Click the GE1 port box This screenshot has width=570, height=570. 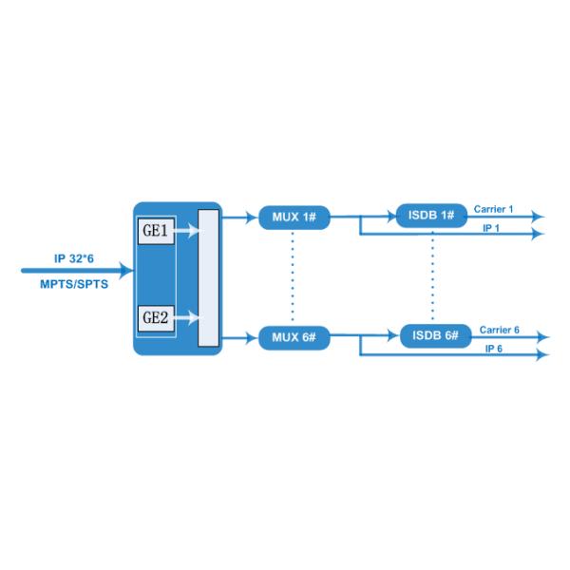point(157,230)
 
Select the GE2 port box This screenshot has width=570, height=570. point(157,317)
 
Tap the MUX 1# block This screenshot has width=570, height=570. point(294,218)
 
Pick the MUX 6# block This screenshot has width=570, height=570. point(294,337)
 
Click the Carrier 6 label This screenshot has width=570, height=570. point(499,329)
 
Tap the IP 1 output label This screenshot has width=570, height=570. point(491,230)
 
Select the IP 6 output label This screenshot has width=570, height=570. point(494,350)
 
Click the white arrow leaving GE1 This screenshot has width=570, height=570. point(187,230)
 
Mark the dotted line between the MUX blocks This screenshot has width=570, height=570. point(294,277)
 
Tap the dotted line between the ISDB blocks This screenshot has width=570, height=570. point(433,275)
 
